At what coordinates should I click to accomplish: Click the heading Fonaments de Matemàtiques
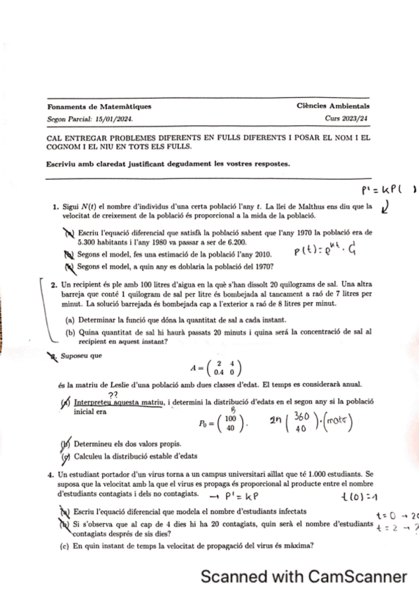point(99,107)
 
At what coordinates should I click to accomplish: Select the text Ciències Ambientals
point(333,107)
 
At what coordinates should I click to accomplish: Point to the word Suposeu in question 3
point(77,355)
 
